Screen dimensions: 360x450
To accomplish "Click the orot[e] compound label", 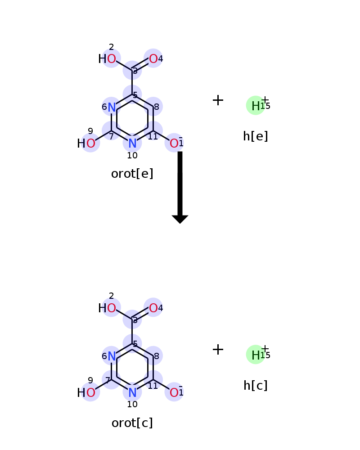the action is point(132,174).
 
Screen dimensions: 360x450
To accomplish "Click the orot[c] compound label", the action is point(132,423).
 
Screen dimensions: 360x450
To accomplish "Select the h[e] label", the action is point(256,136).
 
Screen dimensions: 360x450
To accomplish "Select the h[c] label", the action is point(256,386).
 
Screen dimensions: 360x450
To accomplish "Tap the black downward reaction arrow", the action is point(180,187).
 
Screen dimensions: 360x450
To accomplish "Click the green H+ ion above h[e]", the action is point(256,105).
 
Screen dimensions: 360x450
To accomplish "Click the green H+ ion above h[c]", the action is point(256,355).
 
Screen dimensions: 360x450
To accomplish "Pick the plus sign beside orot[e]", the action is point(218,100).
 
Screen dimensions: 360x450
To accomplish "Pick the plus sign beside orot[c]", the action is point(218,349).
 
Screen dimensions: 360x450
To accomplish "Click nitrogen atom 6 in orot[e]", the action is point(112,107).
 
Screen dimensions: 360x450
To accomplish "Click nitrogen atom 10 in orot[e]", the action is point(132,143).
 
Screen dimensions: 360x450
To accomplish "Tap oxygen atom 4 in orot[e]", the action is point(153,58).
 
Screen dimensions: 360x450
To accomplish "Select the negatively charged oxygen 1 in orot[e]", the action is point(174,143).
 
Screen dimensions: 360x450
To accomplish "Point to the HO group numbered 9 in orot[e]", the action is point(86,143).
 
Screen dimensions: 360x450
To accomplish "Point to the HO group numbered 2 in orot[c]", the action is point(107,308).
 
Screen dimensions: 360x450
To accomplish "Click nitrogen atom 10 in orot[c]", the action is point(132,392).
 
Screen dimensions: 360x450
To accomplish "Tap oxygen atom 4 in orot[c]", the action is point(153,308).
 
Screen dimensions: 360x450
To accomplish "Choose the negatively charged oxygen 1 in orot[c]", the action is point(174,392).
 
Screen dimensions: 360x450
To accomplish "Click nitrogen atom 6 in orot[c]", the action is point(112,356).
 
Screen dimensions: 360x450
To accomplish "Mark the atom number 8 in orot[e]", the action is point(157,107).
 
